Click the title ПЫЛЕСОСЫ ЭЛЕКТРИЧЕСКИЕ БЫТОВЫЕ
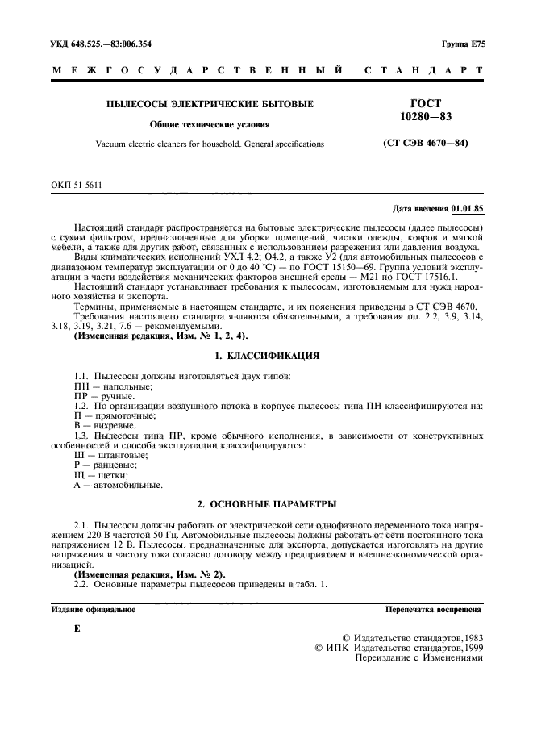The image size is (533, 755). pyautogui.click(x=210, y=104)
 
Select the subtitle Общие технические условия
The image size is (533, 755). pyautogui.click(x=210, y=124)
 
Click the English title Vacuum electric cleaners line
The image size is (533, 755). pyautogui.click(x=210, y=144)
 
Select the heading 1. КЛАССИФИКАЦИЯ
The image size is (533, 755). pyautogui.click(x=266, y=355)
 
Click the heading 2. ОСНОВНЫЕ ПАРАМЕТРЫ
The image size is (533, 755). pyautogui.click(x=266, y=504)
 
